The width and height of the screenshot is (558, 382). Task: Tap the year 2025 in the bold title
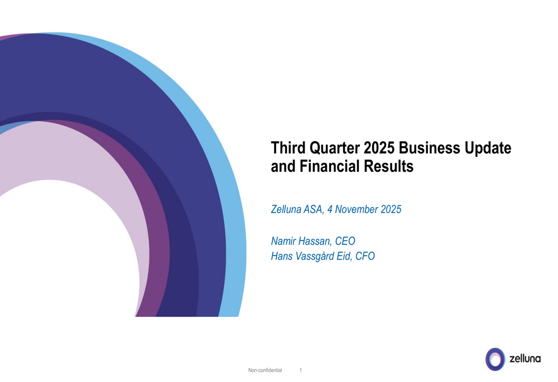tap(379, 148)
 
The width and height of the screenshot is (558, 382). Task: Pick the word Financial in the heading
tap(329, 166)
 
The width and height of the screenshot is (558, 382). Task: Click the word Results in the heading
tap(389, 166)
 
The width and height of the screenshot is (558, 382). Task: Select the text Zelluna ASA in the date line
tap(296, 210)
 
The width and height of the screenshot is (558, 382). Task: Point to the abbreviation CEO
tap(345, 241)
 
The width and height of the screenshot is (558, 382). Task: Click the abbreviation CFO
tap(364, 257)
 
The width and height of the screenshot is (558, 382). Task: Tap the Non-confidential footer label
tap(265, 370)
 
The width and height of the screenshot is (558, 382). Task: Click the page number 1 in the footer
tap(301, 370)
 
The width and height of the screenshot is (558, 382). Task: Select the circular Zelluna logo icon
tap(495, 359)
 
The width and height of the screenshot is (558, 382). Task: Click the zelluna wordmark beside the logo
tap(525, 359)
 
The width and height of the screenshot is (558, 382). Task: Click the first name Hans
tap(282, 257)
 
